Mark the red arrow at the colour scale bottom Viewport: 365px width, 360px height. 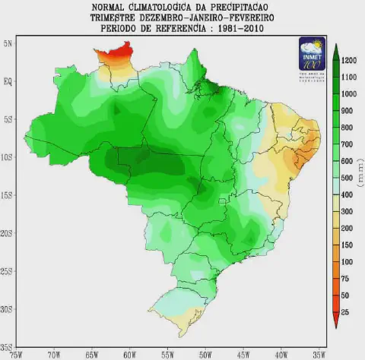coord(335,322)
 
